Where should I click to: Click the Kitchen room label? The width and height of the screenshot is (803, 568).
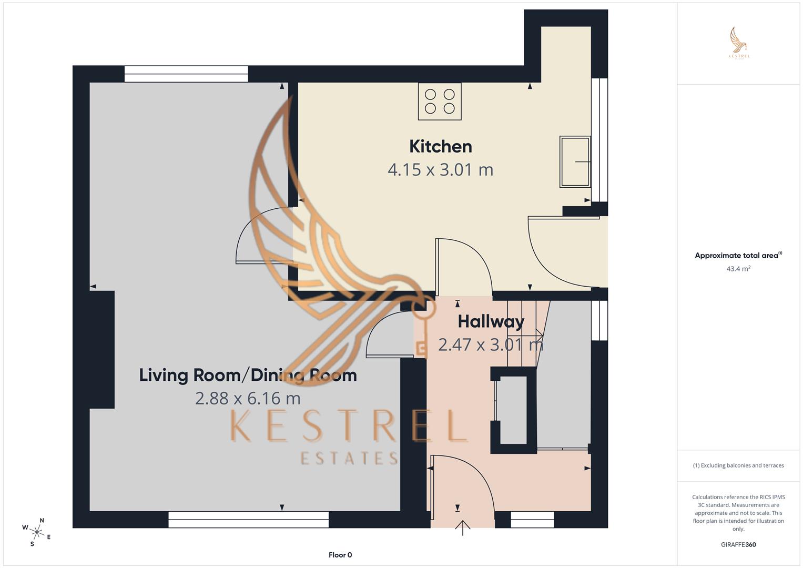coord(440,146)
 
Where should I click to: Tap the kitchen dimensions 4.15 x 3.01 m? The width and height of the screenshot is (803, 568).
coord(440,170)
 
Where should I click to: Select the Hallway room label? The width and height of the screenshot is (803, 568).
coord(491,321)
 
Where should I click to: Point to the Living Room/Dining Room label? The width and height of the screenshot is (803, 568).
coord(248,375)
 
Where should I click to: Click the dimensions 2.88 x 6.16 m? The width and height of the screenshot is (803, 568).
coord(248,398)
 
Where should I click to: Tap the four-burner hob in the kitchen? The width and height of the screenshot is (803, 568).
coord(440,102)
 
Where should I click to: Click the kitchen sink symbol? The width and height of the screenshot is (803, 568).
coord(575,161)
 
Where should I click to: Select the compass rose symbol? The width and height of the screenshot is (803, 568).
coord(37,531)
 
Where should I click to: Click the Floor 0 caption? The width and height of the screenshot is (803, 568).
coord(340,555)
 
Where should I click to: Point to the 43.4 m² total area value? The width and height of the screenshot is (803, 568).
coord(738,269)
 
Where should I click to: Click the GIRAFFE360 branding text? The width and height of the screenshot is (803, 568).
coord(738,545)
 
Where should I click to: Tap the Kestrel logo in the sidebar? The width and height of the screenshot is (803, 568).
coord(739,43)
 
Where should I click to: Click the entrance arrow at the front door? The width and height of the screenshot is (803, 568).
coord(463,528)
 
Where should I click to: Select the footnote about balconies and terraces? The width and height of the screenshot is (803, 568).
coord(738,465)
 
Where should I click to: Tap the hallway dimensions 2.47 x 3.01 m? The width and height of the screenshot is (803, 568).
coord(491,345)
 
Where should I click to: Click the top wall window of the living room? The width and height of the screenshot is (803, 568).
coord(186,74)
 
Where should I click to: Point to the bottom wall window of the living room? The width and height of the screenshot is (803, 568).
coord(248,520)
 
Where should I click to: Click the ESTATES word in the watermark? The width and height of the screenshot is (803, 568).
coord(349,458)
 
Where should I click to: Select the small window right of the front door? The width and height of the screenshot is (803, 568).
coord(532,520)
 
